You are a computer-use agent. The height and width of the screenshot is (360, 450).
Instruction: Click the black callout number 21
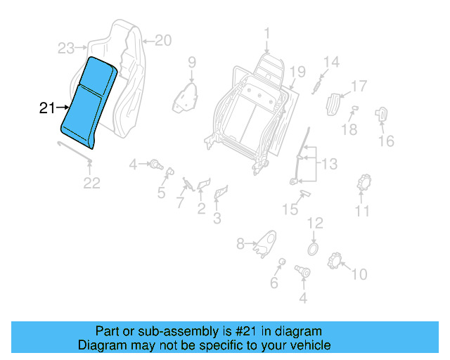46,108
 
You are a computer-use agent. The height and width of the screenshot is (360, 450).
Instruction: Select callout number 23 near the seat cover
66,49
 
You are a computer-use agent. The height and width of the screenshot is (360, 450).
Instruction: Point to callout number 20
162,40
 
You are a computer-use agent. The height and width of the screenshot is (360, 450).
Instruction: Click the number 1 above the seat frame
267,32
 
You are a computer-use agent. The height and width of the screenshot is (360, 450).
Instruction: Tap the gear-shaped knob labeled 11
364,183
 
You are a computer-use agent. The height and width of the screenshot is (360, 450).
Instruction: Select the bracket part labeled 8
265,243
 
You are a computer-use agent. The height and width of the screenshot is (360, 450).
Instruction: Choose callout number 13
329,165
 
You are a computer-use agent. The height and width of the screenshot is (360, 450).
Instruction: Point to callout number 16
386,141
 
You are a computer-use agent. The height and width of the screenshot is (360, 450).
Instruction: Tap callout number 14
330,63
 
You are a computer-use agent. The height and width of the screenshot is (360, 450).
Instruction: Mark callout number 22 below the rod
92,184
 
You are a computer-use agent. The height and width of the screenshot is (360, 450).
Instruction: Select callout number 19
297,71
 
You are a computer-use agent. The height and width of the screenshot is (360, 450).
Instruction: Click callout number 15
290,209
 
